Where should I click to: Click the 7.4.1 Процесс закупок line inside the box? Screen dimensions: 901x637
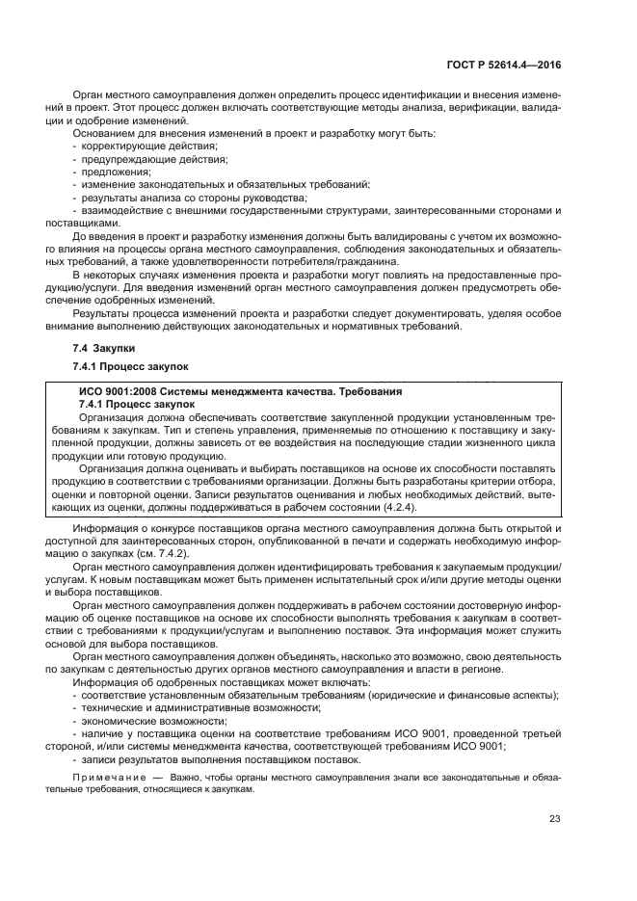(x=136, y=405)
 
